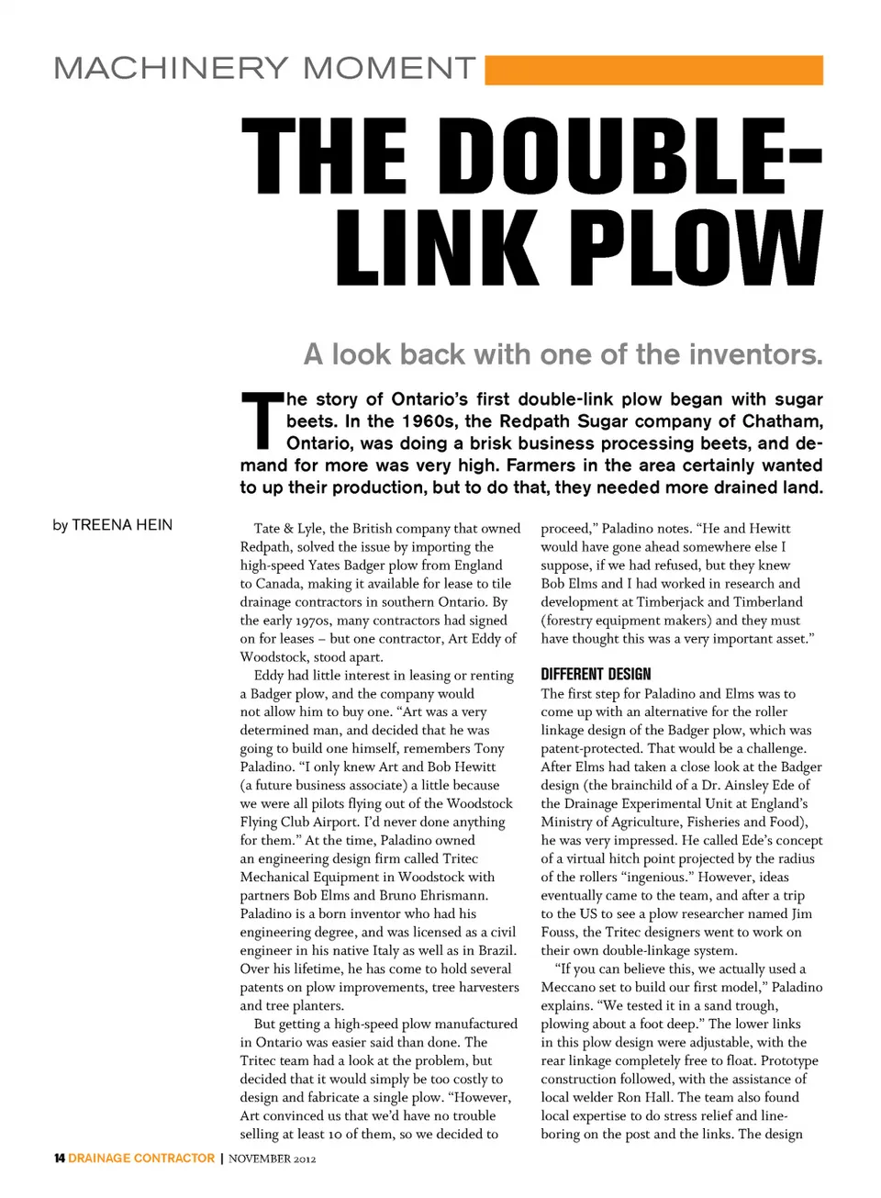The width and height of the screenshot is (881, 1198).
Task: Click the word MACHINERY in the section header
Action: click(171, 68)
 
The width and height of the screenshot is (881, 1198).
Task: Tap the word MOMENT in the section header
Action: click(389, 68)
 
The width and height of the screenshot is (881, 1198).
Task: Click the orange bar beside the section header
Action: click(653, 71)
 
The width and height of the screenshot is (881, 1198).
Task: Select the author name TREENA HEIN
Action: click(122, 525)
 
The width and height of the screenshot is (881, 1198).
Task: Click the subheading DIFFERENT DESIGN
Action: click(596, 674)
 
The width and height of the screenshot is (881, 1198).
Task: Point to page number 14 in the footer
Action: click(59, 1159)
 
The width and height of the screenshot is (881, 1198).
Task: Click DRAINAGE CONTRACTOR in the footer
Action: click(141, 1159)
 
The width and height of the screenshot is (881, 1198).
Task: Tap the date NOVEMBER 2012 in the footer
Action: click(273, 1159)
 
